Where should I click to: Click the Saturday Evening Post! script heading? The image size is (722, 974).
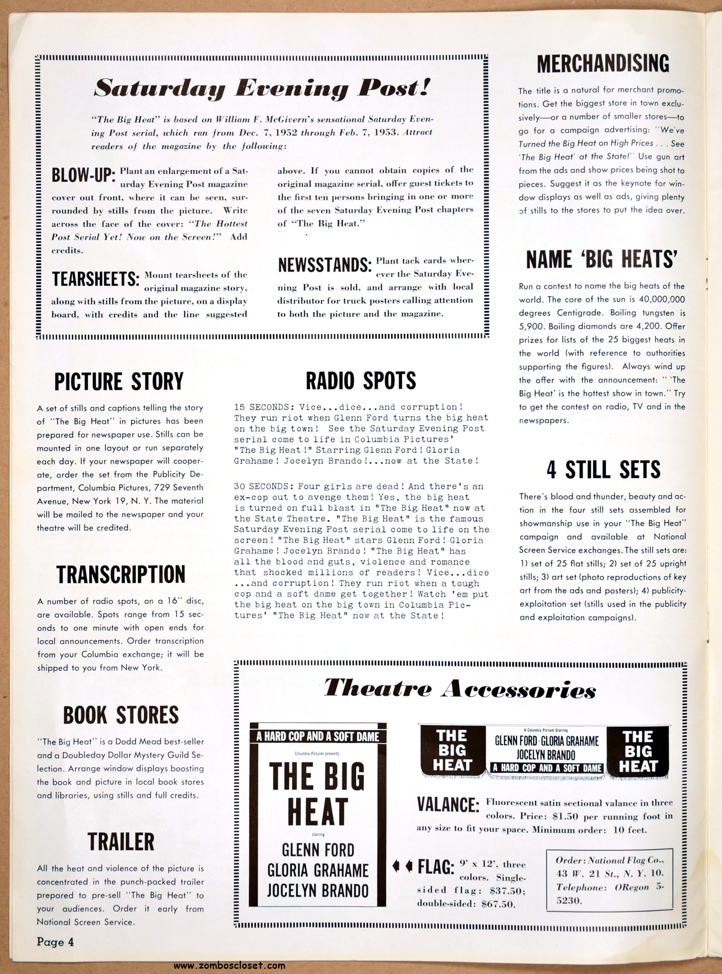point(262,89)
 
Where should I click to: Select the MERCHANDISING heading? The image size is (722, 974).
point(603,64)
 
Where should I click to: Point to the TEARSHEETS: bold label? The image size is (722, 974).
point(96,279)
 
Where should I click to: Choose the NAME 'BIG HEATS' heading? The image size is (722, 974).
point(602,259)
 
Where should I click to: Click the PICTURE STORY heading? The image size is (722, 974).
point(119,382)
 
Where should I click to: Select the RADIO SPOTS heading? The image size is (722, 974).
point(361,381)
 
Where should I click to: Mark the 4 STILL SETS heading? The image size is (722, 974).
point(603,470)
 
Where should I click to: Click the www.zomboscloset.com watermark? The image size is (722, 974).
point(230,965)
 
